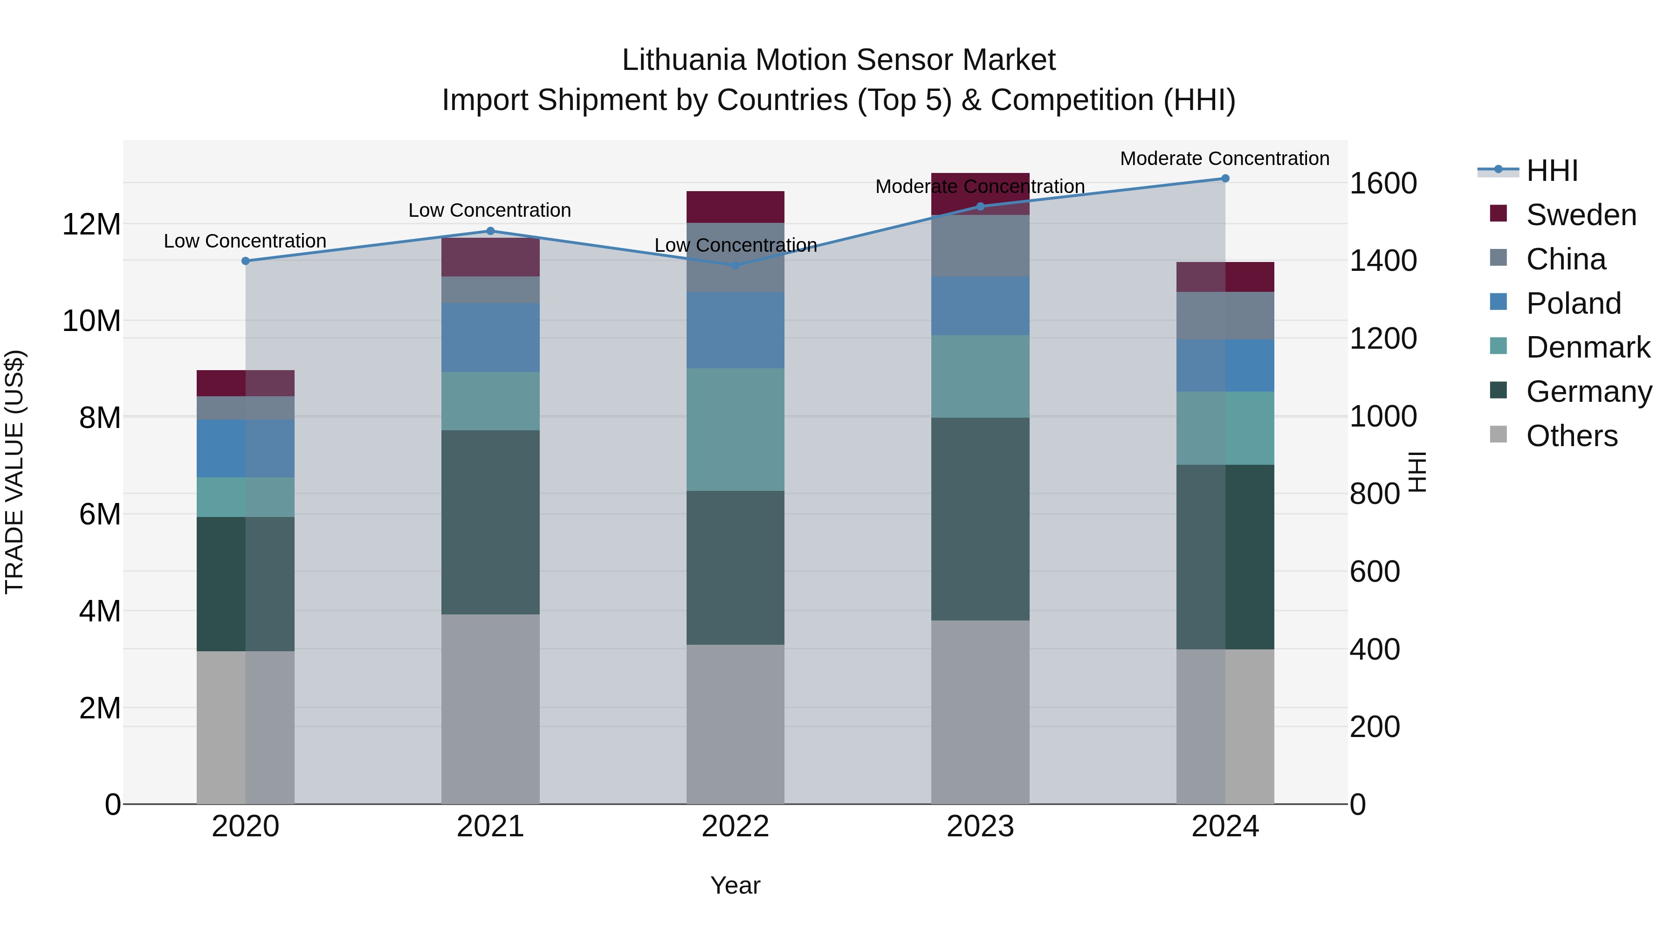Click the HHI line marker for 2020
click(x=246, y=261)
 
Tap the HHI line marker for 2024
click(x=1225, y=179)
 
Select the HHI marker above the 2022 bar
click(x=736, y=266)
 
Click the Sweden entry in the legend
click(x=1581, y=215)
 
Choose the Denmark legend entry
click(x=1588, y=347)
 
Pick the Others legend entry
click(x=1571, y=436)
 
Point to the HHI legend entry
click(x=1552, y=171)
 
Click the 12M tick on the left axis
click(x=91, y=225)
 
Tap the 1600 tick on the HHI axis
click(x=1383, y=184)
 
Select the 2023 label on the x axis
click(x=980, y=827)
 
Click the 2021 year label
click(x=490, y=827)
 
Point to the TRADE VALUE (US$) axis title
click(x=14, y=472)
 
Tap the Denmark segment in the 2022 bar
click(x=736, y=429)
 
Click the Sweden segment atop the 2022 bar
click(x=736, y=207)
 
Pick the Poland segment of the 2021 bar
click(x=490, y=338)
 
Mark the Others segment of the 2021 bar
click(x=490, y=709)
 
